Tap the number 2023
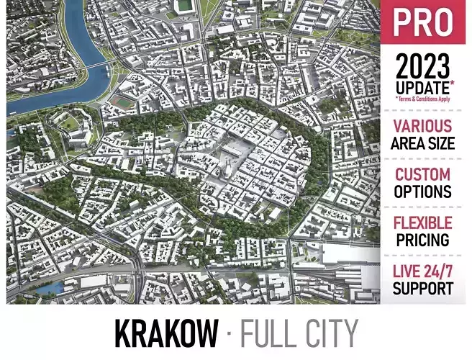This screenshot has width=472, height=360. tap(422, 68)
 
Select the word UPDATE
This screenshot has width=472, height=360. tap(419, 87)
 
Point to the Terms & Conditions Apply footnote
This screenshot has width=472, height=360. tap(422, 99)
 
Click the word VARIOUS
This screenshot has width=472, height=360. tap(422, 127)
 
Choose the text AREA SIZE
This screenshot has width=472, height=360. tap(422, 143)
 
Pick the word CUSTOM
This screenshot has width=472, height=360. tap(422, 175)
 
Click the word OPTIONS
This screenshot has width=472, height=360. tap(422, 192)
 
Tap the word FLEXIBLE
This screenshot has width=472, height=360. tap(422, 223)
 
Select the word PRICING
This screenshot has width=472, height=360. tap(422, 240)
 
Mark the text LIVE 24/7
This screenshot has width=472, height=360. tap(422, 271)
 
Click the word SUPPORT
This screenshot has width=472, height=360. tap(422, 288)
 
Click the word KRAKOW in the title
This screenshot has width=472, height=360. tap(165, 333)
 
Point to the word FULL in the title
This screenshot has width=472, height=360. tap(268, 333)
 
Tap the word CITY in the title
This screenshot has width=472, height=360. tap(330, 333)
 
